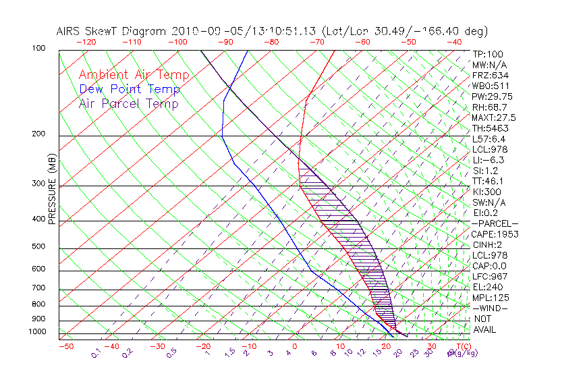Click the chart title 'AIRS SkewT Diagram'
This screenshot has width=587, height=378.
112,32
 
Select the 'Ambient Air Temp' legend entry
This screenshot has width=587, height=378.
134,75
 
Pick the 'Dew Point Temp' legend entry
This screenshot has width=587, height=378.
130,89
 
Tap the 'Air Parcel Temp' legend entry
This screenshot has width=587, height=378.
128,103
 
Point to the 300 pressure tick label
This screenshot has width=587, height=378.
40,184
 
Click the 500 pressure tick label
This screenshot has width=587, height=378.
40,247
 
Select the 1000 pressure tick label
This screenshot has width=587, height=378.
38,332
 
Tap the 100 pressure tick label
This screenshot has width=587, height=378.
40,49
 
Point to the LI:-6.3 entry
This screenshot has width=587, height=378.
488,160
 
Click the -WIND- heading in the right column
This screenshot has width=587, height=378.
489,308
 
